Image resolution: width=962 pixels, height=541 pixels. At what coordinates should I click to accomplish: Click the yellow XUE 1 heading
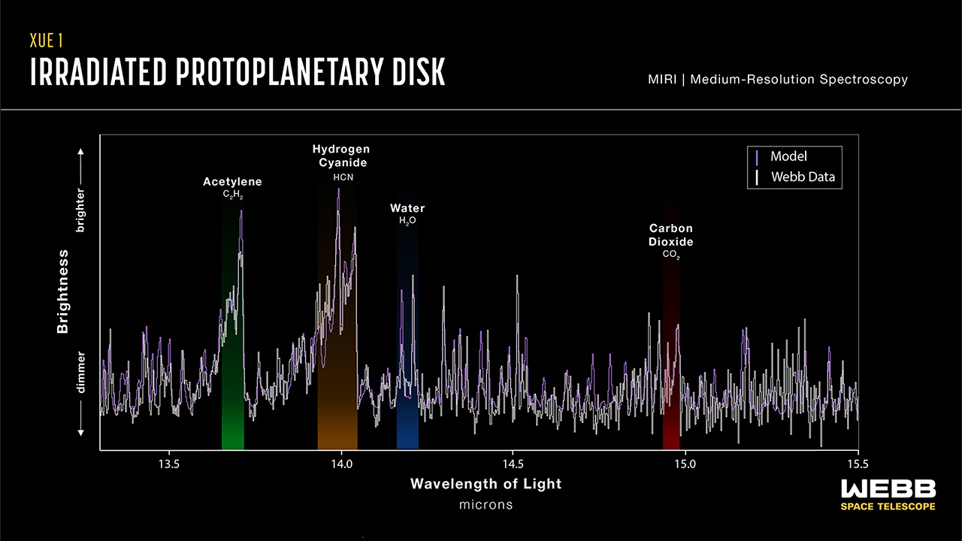[50, 40]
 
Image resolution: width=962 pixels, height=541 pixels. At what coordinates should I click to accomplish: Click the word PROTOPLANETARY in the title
[279, 72]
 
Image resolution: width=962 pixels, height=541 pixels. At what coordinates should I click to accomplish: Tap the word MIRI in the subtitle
[662, 79]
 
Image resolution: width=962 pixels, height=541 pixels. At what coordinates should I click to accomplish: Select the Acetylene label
[232, 182]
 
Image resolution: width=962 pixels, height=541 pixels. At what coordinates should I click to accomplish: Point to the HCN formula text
[343, 177]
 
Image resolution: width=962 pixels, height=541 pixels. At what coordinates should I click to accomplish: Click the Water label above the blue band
[407, 208]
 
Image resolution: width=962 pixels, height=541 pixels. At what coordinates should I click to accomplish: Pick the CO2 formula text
[671, 255]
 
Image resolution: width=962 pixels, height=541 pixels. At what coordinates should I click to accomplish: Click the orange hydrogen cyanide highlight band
[337, 413]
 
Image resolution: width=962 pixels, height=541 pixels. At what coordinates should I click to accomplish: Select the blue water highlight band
[407, 421]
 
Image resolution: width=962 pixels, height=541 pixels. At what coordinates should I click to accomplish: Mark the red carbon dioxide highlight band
[671, 421]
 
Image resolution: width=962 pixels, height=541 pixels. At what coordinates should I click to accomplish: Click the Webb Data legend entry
[802, 178]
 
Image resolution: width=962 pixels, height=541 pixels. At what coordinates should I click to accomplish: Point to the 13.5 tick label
[169, 462]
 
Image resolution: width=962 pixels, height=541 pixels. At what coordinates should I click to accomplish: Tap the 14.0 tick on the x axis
[341, 462]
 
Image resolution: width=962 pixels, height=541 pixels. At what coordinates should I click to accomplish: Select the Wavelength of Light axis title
[486, 484]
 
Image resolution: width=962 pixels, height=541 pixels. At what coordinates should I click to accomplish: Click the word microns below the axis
[486, 504]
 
